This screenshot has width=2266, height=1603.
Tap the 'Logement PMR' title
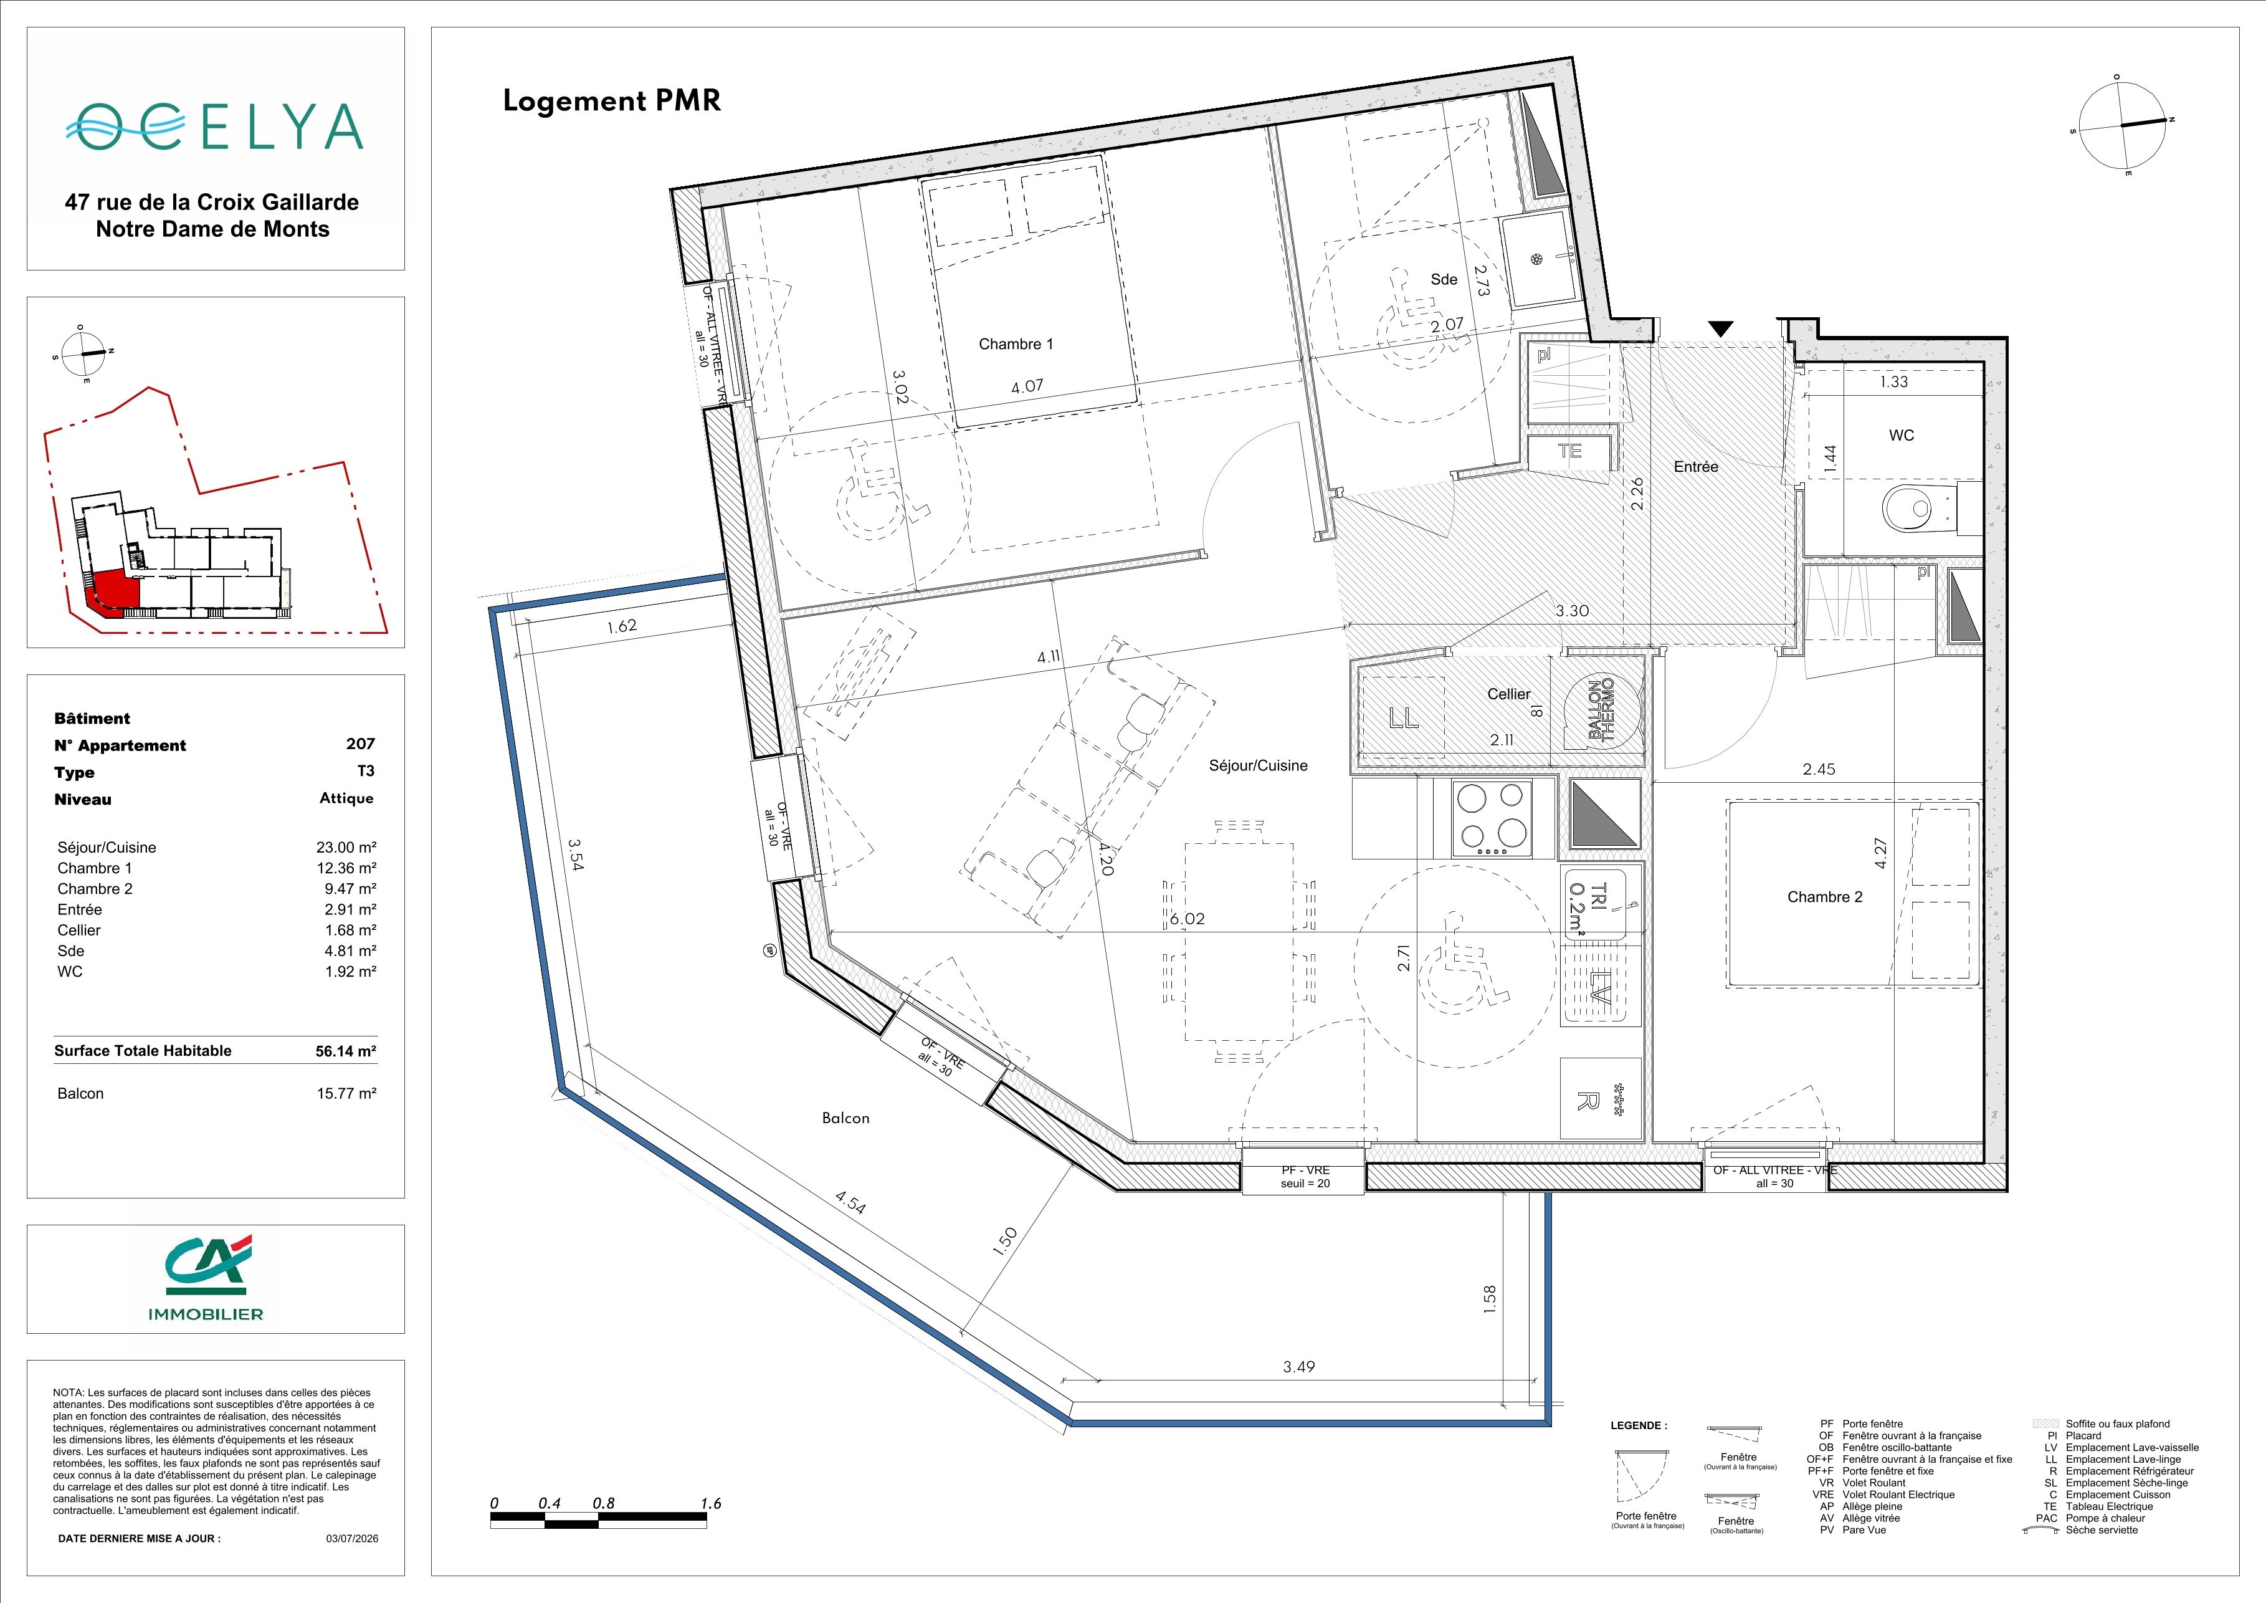click(612, 102)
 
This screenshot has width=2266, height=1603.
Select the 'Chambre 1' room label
click(1016, 345)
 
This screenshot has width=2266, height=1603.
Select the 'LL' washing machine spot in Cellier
click(1404, 717)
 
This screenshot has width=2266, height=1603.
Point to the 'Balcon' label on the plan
click(846, 1118)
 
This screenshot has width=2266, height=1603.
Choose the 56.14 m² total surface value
click(345, 1051)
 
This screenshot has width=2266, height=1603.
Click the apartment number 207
click(360, 744)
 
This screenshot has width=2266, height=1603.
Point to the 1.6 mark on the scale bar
click(711, 1503)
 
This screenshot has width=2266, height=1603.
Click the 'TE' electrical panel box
click(1569, 452)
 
